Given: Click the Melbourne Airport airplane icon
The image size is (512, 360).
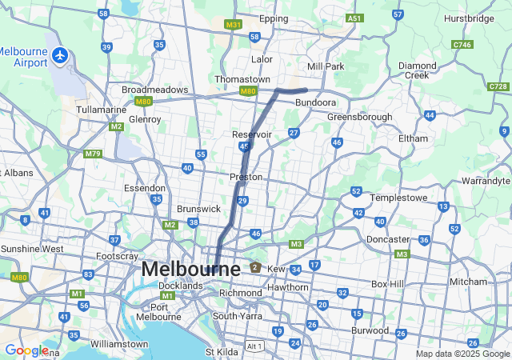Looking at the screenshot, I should click(61, 55).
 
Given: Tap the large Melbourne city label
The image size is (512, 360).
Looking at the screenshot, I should click(190, 270).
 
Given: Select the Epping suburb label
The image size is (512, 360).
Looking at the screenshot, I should click(274, 18).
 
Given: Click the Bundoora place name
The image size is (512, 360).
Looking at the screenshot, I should click(315, 103).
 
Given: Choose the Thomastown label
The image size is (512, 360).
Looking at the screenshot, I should click(242, 79).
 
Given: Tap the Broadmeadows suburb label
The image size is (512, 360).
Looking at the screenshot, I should click(154, 90).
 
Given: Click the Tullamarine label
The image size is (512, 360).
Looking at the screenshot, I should click(101, 109).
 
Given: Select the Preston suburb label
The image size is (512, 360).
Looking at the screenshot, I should click(246, 176).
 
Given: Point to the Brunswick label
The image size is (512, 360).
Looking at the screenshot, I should click(198, 208).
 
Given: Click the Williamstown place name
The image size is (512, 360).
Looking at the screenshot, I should click(119, 344).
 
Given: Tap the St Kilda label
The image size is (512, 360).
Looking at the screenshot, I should click(221, 351).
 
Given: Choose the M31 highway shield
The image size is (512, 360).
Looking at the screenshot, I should click(233, 25).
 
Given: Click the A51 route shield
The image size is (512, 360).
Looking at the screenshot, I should click(354, 18).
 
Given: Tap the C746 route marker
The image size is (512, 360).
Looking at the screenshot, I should click(462, 46).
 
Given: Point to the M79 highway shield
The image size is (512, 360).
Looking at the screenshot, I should click(93, 153).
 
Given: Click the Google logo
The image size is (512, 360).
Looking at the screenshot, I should click(26, 350).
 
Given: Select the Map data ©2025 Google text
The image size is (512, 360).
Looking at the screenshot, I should click(462, 354).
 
